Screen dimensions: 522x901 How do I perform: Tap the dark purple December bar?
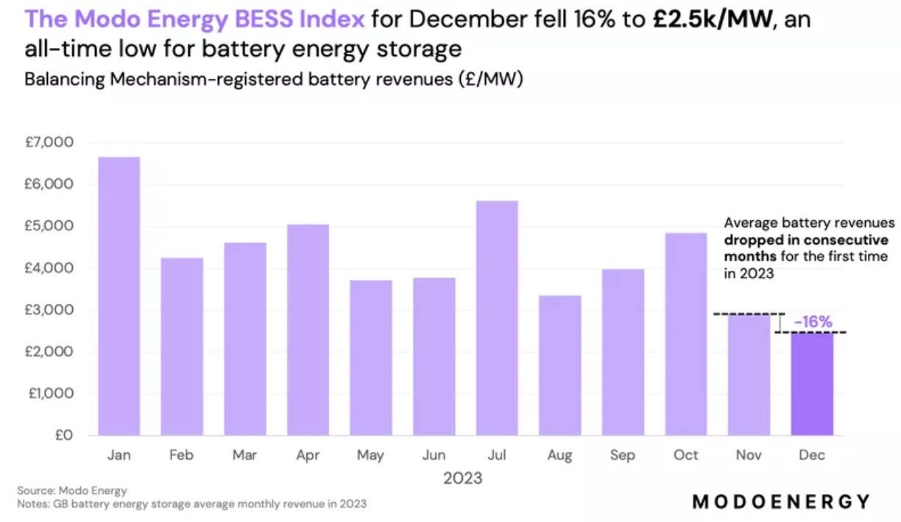coord(812,384)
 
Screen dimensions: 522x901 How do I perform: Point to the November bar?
coord(749,375)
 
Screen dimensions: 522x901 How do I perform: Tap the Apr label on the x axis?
coord(308,456)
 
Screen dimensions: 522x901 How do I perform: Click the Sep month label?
coord(623,456)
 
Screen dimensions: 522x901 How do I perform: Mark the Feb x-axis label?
coord(181,456)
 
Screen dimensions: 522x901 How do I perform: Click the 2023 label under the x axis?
coord(462,479)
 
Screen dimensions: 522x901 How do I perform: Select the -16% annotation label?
coord(813,322)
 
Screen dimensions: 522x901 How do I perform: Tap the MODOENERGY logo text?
coord(781,501)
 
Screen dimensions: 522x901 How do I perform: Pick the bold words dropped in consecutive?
coord(805,240)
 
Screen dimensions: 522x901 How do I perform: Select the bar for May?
coord(371,358)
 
